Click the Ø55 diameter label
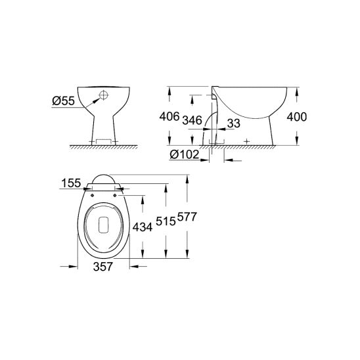63,101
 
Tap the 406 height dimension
169,116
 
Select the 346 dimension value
192,120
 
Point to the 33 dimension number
234,124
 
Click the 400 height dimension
297,117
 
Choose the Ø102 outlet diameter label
185,154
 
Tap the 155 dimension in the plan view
71,183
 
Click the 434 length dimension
143,227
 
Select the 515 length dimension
166,221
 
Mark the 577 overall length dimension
187,217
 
